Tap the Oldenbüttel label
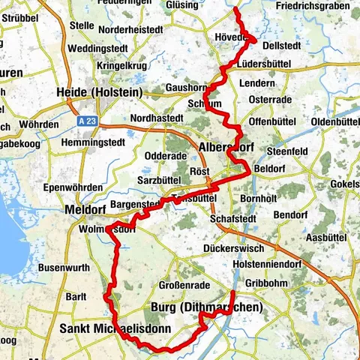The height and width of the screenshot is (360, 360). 331,121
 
